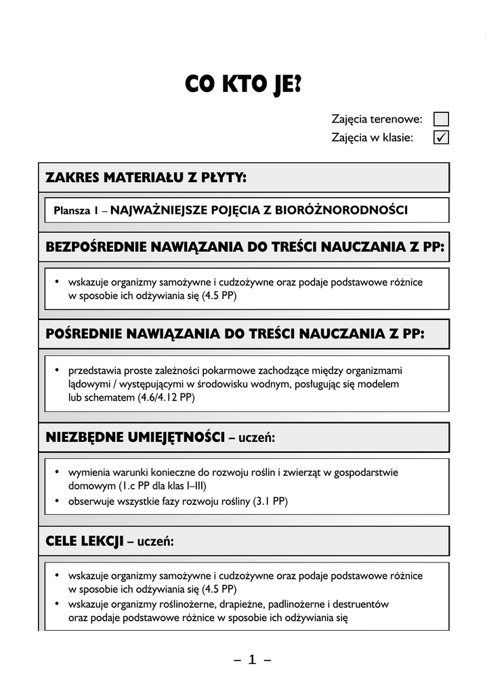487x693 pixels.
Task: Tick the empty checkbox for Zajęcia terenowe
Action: click(440, 119)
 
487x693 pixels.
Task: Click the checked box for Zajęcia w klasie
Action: click(440, 137)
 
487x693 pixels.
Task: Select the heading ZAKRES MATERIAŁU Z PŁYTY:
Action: click(146, 177)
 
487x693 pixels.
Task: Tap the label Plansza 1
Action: click(77, 210)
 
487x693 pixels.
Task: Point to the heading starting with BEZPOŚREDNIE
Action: click(245, 247)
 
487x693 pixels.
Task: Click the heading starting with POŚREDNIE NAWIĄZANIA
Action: click(234, 334)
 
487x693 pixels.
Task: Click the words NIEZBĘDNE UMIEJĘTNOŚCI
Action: click(135, 438)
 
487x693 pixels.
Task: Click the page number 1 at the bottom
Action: click(252, 660)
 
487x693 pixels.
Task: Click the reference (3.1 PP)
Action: click(270, 501)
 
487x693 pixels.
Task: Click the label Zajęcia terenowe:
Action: click(377, 119)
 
